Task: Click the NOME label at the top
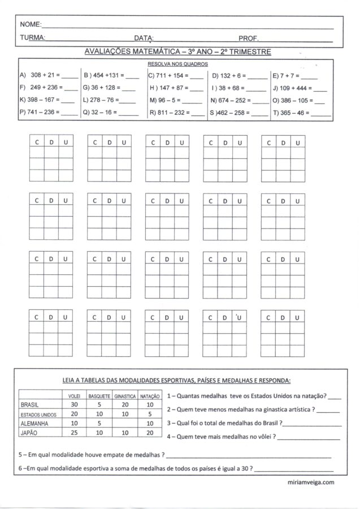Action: [31, 25]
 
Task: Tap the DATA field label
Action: [144, 38]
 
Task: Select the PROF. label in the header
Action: [249, 38]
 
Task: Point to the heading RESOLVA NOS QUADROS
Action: [177, 64]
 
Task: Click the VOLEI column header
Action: [73, 396]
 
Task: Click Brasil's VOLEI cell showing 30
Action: [73, 405]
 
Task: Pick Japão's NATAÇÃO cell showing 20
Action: [150, 432]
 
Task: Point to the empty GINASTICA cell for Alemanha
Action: [124, 423]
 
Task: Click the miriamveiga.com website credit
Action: [311, 482]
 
